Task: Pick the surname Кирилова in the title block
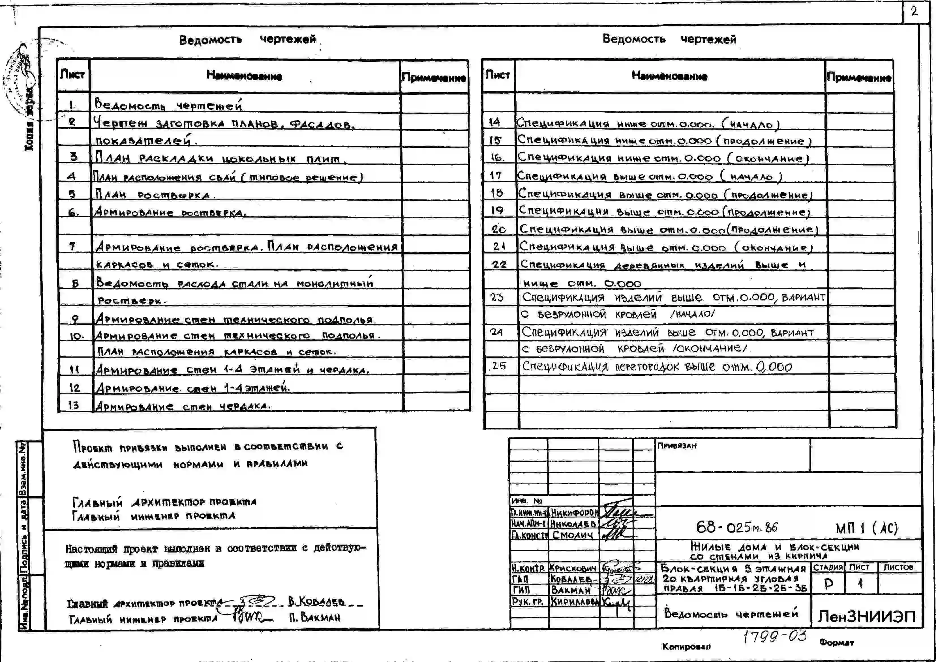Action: coord(574,601)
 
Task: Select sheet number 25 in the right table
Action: coord(499,366)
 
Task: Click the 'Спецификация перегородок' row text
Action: coord(657,367)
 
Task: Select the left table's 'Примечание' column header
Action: coord(434,78)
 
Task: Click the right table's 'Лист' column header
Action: coord(498,75)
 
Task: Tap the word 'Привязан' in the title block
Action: coord(677,446)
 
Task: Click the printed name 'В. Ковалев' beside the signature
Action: coord(316,601)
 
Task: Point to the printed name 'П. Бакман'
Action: coord(314,618)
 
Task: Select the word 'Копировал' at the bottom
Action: coord(686,646)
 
